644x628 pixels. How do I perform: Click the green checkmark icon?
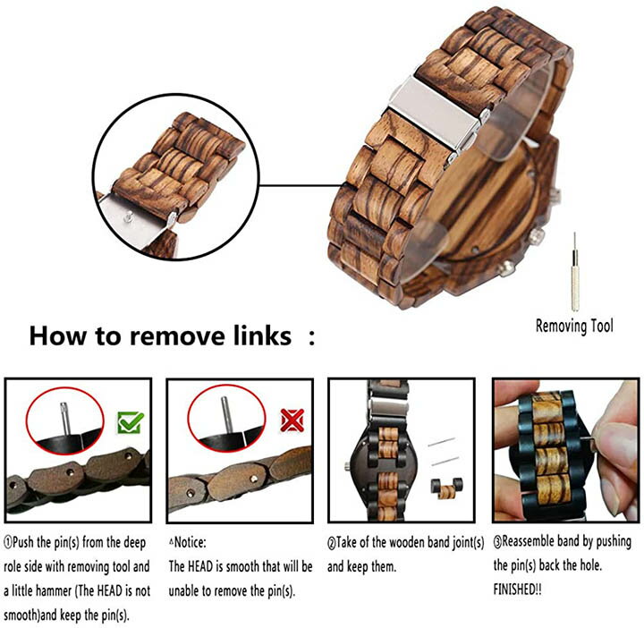pyautogui.click(x=131, y=422)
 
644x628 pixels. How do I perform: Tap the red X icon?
pyautogui.click(x=292, y=420)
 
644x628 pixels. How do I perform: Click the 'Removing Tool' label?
pyautogui.click(x=574, y=326)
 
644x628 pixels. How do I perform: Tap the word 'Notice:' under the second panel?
pyautogui.click(x=189, y=542)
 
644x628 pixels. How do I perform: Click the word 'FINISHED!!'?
pyautogui.click(x=518, y=590)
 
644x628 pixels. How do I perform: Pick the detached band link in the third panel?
pyautogui.click(x=446, y=488)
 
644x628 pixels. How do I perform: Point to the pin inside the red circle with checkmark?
pyautogui.click(x=65, y=418)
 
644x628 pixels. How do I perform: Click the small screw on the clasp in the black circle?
pyautogui.click(x=129, y=216)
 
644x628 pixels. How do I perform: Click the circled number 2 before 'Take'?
pyautogui.click(x=332, y=543)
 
